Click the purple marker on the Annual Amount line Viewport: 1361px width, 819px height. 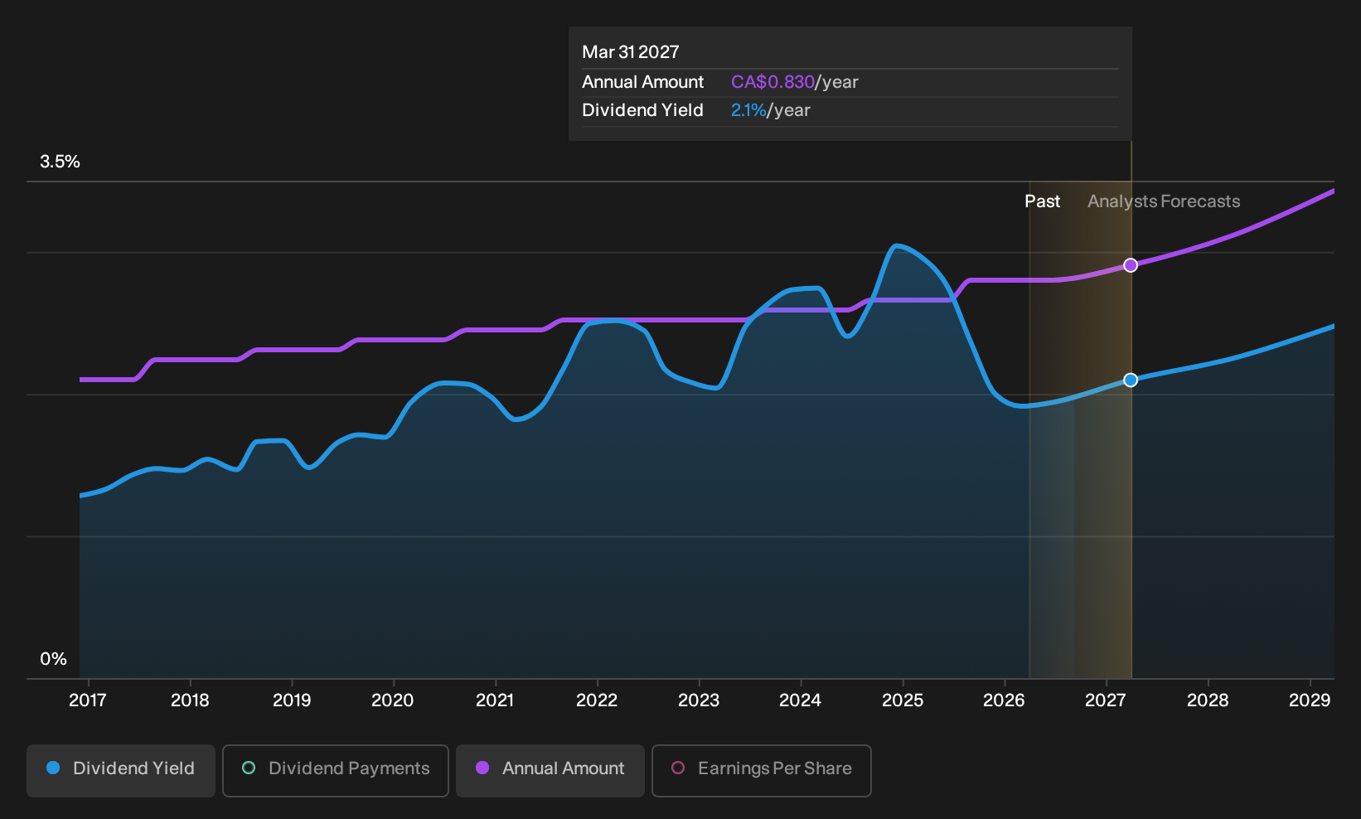[1130, 265]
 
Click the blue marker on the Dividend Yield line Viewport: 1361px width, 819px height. [1130, 380]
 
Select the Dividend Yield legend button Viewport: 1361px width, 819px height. [121, 770]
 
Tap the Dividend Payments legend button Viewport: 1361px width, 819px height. [336, 770]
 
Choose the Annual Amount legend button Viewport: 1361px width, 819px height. [550, 770]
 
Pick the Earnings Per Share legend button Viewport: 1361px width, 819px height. [761, 770]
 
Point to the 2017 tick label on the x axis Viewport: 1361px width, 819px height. [88, 700]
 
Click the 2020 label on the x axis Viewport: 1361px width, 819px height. [393, 700]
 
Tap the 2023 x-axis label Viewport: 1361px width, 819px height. [699, 700]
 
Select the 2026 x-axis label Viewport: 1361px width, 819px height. [1005, 700]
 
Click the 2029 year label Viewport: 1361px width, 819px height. [1310, 700]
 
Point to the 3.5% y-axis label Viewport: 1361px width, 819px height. [60, 162]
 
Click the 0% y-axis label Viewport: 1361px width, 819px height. [54, 659]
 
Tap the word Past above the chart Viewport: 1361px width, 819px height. [1042, 201]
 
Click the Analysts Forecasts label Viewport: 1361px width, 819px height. [1164, 201]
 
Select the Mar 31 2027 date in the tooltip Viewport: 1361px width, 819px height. [630, 52]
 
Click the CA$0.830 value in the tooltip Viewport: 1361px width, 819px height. [773, 82]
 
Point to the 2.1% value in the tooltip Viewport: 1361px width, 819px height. [748, 110]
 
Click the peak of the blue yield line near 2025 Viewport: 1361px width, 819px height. [896, 245]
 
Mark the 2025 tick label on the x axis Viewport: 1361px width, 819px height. [903, 700]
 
